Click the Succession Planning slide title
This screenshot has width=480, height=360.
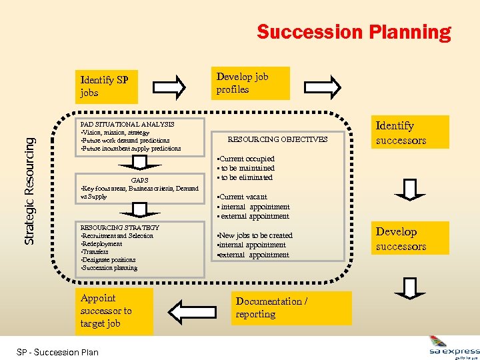353,32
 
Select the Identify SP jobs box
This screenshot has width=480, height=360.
105,87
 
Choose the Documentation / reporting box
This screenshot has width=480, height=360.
292,308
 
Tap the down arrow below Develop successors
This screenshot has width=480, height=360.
410,287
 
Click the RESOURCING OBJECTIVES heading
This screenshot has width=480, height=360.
277,140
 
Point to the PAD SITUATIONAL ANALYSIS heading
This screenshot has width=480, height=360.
127,124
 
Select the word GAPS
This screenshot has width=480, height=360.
139,180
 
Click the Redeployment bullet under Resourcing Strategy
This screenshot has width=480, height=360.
102,244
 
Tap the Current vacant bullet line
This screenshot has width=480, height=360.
243,197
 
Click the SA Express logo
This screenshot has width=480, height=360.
453,347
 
